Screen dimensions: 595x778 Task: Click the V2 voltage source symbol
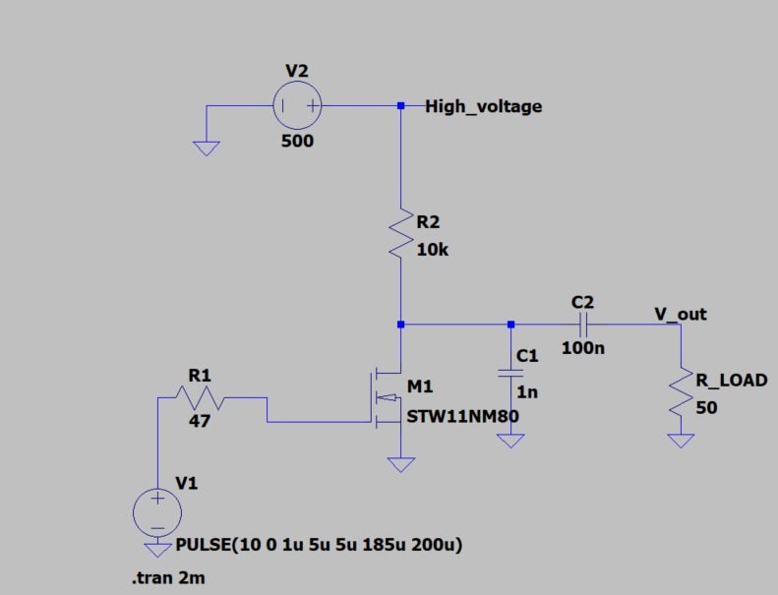(297, 106)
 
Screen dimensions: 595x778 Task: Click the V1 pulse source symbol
(156, 513)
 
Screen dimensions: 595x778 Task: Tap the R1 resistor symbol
(201, 398)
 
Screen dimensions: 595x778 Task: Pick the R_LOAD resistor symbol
(681, 391)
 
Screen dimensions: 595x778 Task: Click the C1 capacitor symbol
(509, 373)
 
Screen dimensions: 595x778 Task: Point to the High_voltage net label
(483, 106)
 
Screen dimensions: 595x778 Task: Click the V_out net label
(681, 314)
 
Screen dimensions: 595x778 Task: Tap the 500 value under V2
(297, 141)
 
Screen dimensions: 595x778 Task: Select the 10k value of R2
(434, 250)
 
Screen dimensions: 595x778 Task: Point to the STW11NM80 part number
(463, 416)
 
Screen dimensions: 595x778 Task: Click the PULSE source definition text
(319, 545)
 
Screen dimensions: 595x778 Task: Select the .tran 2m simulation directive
(169, 579)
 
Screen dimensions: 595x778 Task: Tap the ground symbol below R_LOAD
(681, 440)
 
